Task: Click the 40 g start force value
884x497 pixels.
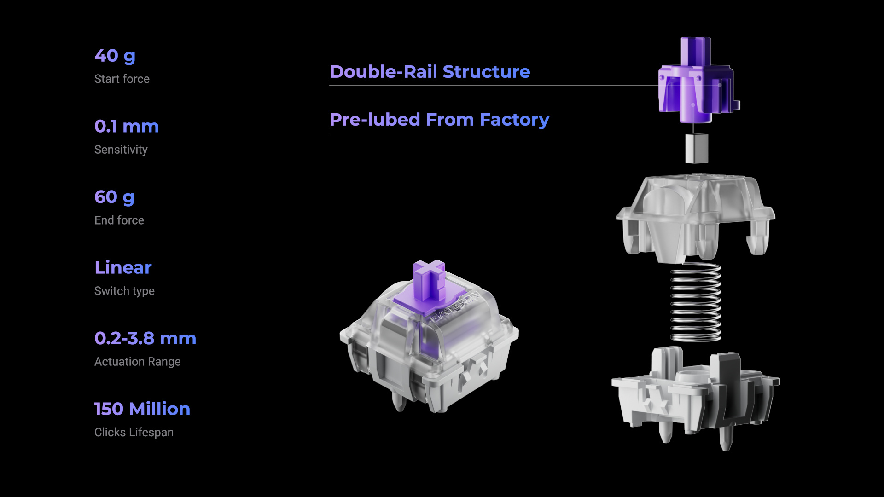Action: [x=115, y=56]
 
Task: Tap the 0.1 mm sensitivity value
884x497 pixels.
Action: [x=127, y=127]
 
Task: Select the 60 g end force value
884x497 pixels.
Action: [x=114, y=197]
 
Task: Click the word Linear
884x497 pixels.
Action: [x=123, y=268]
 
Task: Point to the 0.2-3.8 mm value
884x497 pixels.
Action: [x=145, y=338]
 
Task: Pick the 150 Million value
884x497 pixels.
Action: [x=142, y=409]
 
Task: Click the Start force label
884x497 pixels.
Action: [x=122, y=79]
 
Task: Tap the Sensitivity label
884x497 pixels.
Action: [x=121, y=150]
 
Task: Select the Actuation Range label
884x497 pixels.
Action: [x=138, y=362]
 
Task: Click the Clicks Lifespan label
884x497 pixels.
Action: [x=134, y=433]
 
